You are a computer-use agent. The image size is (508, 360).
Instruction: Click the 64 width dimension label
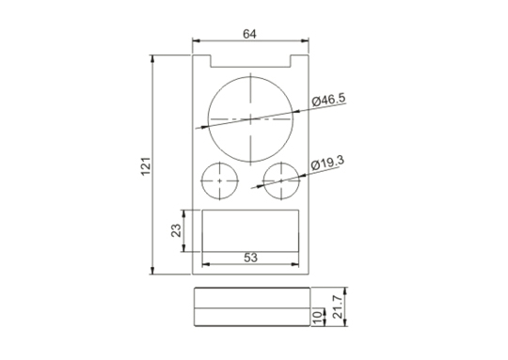click(x=249, y=34)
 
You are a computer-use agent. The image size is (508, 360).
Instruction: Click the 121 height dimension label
click(x=146, y=166)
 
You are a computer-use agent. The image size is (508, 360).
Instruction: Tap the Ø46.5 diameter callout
click(x=328, y=100)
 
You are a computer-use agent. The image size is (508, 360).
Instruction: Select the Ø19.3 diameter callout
click(x=327, y=163)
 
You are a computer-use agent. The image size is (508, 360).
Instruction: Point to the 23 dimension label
click(x=176, y=230)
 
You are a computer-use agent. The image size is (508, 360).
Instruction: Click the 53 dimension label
click(x=250, y=258)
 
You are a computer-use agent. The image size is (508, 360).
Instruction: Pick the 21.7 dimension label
click(x=338, y=306)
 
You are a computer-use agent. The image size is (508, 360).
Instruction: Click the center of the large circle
click(x=250, y=119)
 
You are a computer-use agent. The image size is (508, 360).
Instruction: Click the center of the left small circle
click(x=219, y=180)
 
